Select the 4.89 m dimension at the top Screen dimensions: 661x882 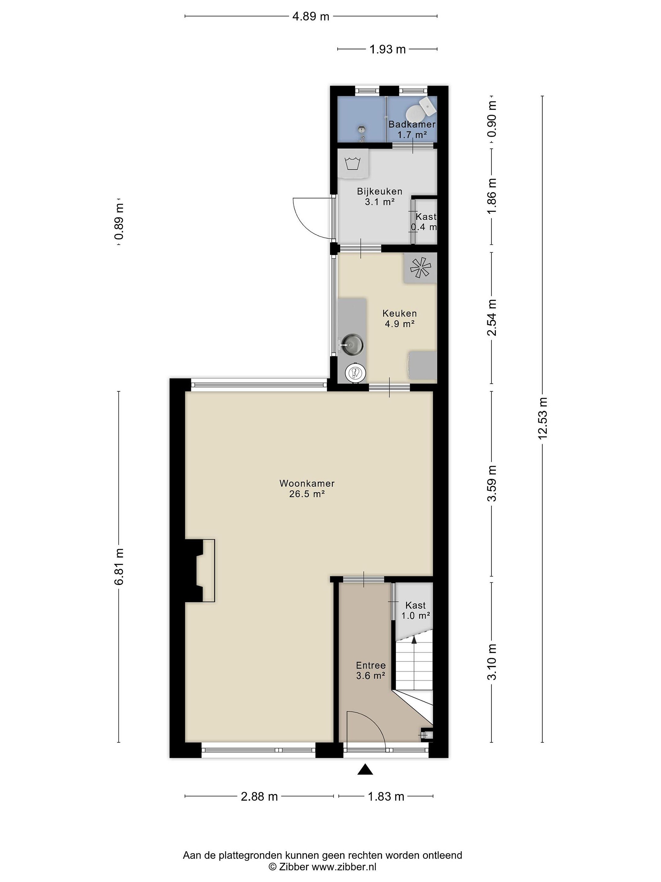point(311,16)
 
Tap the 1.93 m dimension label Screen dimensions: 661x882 point(387,49)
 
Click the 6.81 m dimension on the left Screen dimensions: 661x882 point(119,566)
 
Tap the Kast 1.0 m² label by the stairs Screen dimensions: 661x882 point(416,610)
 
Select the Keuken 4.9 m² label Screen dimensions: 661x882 point(400,318)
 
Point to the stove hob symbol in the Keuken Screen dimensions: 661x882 point(420,268)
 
